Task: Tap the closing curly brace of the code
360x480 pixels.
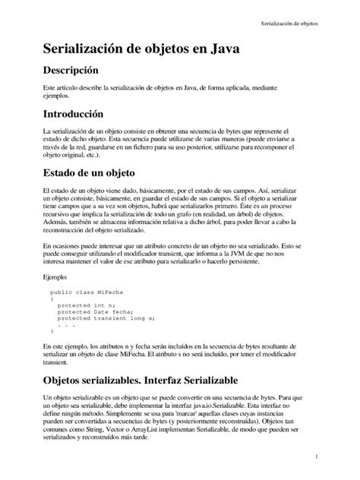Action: pyautogui.click(x=52, y=332)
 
